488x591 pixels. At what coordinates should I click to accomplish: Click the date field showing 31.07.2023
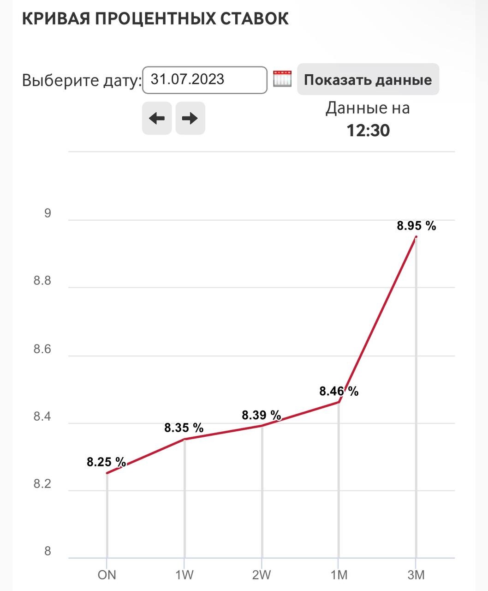click(205, 80)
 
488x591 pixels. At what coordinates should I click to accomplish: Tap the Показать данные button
click(368, 79)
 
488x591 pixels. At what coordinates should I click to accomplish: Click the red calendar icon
click(282, 78)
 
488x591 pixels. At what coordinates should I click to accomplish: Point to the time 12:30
click(368, 131)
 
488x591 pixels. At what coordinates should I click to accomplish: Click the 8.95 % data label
click(417, 226)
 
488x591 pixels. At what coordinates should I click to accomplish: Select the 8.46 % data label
click(339, 392)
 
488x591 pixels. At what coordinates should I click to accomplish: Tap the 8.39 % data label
click(262, 415)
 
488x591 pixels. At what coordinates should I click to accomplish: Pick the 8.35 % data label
click(184, 428)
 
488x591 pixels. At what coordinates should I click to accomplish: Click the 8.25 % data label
click(107, 462)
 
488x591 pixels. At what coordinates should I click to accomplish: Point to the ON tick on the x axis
click(107, 575)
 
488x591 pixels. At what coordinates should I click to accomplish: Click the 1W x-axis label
click(184, 575)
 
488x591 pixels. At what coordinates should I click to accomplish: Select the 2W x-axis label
click(262, 575)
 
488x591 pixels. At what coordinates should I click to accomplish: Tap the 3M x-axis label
click(416, 575)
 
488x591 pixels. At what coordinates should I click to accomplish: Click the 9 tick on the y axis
click(48, 214)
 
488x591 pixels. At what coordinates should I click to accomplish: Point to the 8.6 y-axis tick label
click(42, 350)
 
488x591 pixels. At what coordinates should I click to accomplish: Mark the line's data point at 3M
click(416, 237)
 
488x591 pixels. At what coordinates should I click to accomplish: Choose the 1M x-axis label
click(339, 575)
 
